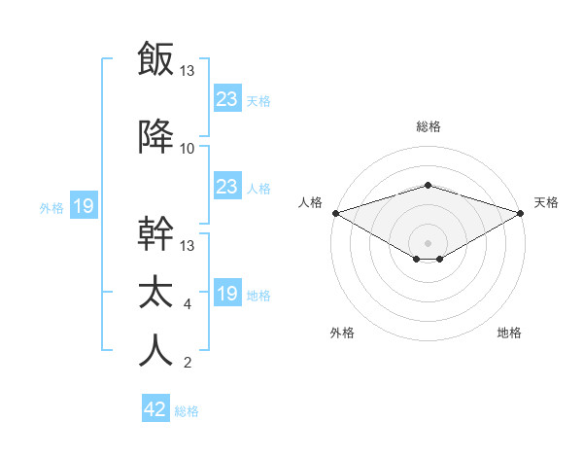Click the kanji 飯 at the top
[155, 58]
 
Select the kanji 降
[155, 137]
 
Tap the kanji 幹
[155, 235]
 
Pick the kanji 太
[155, 293]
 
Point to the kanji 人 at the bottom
[155, 351]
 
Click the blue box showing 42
[155, 409]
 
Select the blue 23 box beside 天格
[226, 98]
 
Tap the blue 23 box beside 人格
[226, 187]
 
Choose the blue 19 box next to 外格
[83, 206]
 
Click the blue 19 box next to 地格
[226, 294]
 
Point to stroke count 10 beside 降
[188, 149]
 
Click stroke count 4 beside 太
[187, 304]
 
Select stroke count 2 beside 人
[187, 364]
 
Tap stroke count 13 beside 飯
[188, 71]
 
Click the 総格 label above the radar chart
[428, 126]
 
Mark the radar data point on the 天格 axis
[522, 212]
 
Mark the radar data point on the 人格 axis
[334, 212]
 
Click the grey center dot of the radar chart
[428, 242]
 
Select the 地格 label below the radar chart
[509, 333]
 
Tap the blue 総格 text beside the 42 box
[187, 411]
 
